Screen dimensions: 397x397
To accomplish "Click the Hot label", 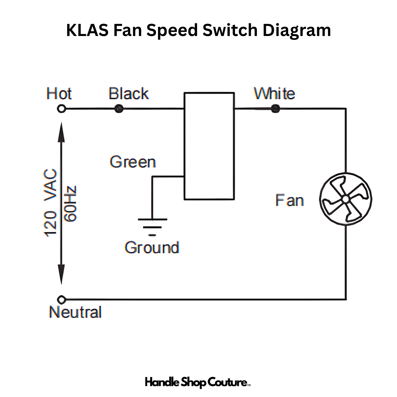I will [59, 94].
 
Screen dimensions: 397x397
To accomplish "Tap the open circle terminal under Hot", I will [61, 109].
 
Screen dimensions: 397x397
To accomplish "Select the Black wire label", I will [129, 94].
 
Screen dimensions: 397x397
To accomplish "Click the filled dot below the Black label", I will [119, 109].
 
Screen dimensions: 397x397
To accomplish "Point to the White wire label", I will [274, 94].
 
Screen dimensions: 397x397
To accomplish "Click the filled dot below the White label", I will [276, 109].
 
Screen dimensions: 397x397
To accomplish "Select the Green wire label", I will [133, 162].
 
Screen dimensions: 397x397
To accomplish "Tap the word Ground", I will [152, 248].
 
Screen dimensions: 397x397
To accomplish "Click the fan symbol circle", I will [346, 199].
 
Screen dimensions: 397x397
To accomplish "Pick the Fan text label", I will [289, 200].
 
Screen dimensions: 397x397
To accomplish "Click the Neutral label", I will [75, 312].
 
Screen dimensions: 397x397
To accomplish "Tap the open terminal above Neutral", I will [61, 300].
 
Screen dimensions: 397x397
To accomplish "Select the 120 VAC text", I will [50, 203].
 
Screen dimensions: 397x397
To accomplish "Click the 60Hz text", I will [70, 204].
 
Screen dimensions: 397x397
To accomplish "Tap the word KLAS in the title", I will [87, 30].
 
